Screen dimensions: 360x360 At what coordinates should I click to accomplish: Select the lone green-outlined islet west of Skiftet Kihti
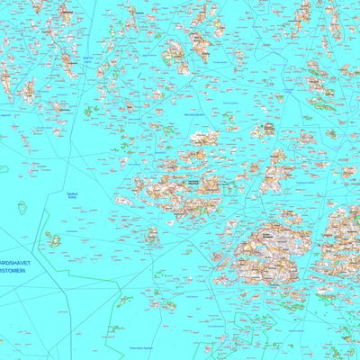pos(22,208)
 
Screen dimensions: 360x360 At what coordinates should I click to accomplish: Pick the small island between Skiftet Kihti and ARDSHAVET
pos(54,240)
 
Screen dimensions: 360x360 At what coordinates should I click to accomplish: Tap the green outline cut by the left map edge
pos(3,168)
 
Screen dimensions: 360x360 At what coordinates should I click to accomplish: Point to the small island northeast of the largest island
pos(290,217)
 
